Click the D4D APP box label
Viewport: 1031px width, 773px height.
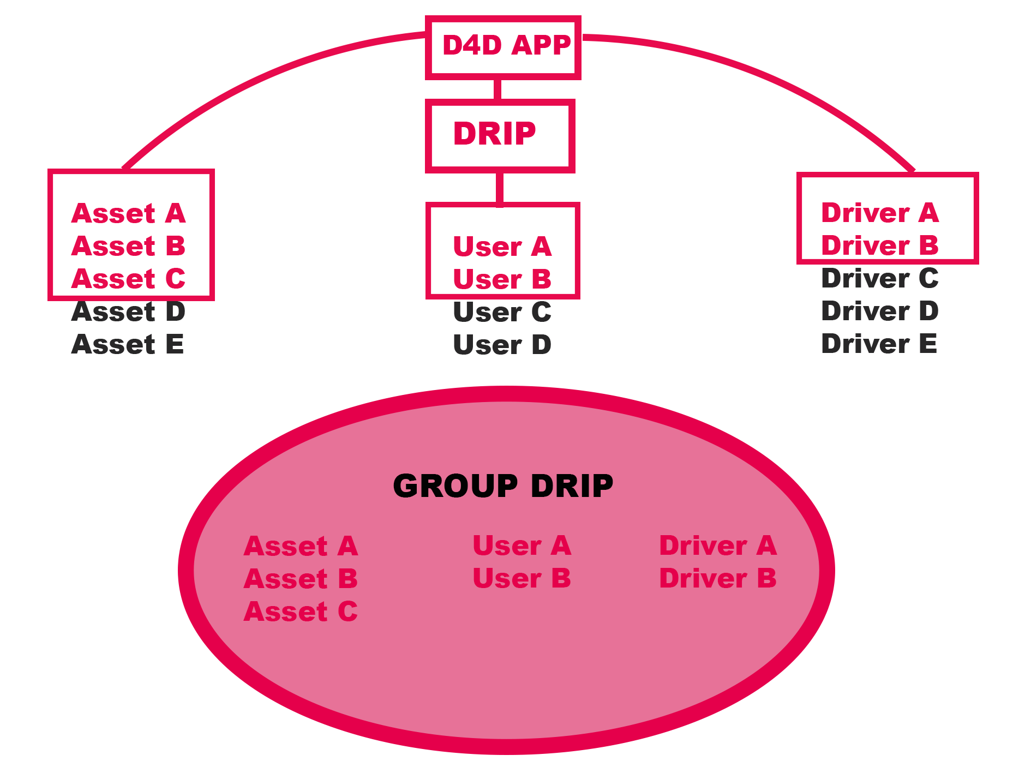click(x=506, y=46)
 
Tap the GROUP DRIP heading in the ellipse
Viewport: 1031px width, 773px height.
click(x=503, y=486)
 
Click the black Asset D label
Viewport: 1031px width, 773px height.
click(x=128, y=312)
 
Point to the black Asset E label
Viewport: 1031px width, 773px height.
click(x=128, y=345)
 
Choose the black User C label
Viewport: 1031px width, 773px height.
click(x=502, y=313)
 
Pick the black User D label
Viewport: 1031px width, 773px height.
click(x=502, y=345)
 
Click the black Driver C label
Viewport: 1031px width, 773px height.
click(x=879, y=279)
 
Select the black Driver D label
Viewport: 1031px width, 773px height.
click(x=879, y=311)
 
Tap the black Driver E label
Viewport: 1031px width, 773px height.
click(x=879, y=344)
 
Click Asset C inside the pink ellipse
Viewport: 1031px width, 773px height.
click(x=301, y=612)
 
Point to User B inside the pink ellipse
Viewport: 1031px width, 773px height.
click(x=522, y=579)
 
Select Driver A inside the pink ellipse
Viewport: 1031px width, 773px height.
click(x=718, y=546)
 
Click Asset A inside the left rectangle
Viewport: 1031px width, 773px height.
click(x=128, y=214)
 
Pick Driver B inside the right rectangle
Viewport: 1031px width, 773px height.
click(x=879, y=246)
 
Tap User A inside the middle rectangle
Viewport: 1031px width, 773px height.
click(x=502, y=247)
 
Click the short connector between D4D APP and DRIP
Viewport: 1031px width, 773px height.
click(x=497, y=89)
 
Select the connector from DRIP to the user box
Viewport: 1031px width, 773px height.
click(x=500, y=188)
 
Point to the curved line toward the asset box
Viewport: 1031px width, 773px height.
click(x=245, y=82)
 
